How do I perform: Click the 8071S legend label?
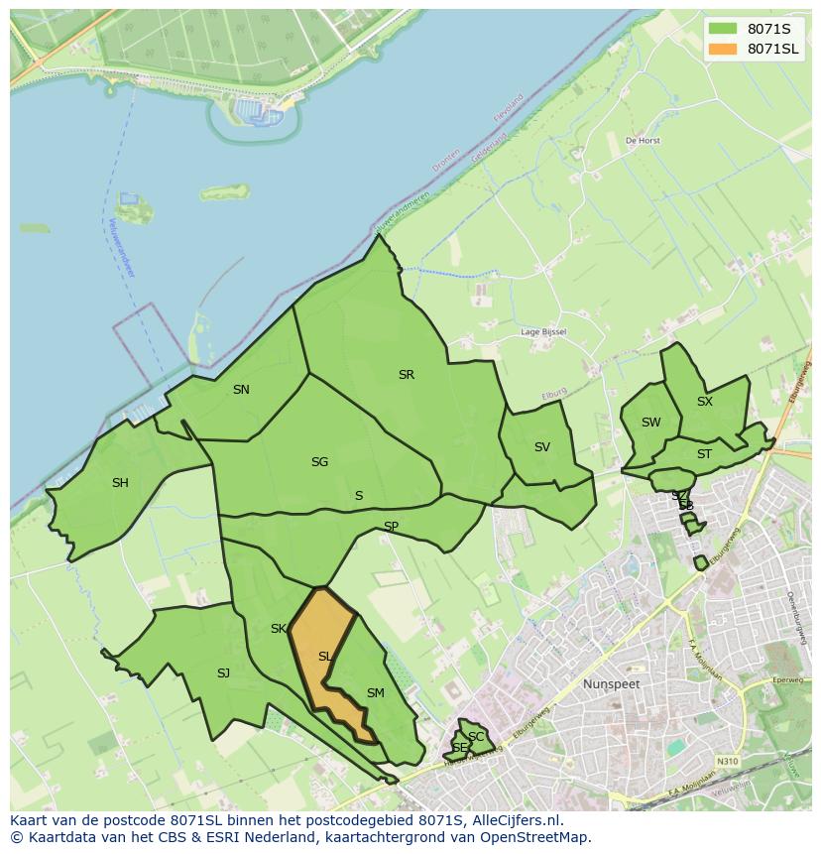(x=768, y=29)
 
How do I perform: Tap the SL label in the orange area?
(x=324, y=657)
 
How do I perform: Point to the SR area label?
(x=406, y=375)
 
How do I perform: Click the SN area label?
(x=241, y=390)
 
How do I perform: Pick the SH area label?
(x=120, y=483)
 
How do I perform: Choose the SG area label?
(x=319, y=462)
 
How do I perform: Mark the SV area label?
(x=541, y=447)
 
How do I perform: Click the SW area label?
(x=650, y=423)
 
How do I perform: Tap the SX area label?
(x=704, y=402)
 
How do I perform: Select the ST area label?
(x=704, y=454)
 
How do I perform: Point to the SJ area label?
(x=223, y=673)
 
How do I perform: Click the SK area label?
(x=278, y=629)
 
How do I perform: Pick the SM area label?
(x=375, y=693)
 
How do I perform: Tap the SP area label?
(x=391, y=527)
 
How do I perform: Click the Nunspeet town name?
(x=611, y=684)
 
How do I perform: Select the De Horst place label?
(x=643, y=141)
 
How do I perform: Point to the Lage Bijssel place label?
(x=543, y=332)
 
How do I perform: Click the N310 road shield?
(x=727, y=762)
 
